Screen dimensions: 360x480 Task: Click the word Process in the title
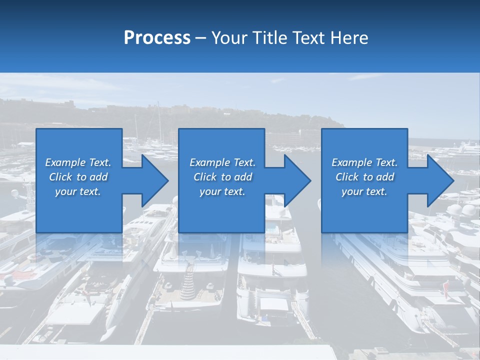click(157, 38)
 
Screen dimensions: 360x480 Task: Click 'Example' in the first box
click(65, 162)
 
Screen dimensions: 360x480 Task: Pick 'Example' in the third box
click(352, 162)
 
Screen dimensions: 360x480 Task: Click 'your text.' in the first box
click(78, 191)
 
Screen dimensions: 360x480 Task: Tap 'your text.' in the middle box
click(222, 191)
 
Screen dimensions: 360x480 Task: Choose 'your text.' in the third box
click(364, 191)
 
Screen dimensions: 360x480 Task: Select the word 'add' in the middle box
click(243, 177)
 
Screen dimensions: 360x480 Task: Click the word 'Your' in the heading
click(228, 38)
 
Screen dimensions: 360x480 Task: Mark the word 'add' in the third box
click(385, 177)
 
